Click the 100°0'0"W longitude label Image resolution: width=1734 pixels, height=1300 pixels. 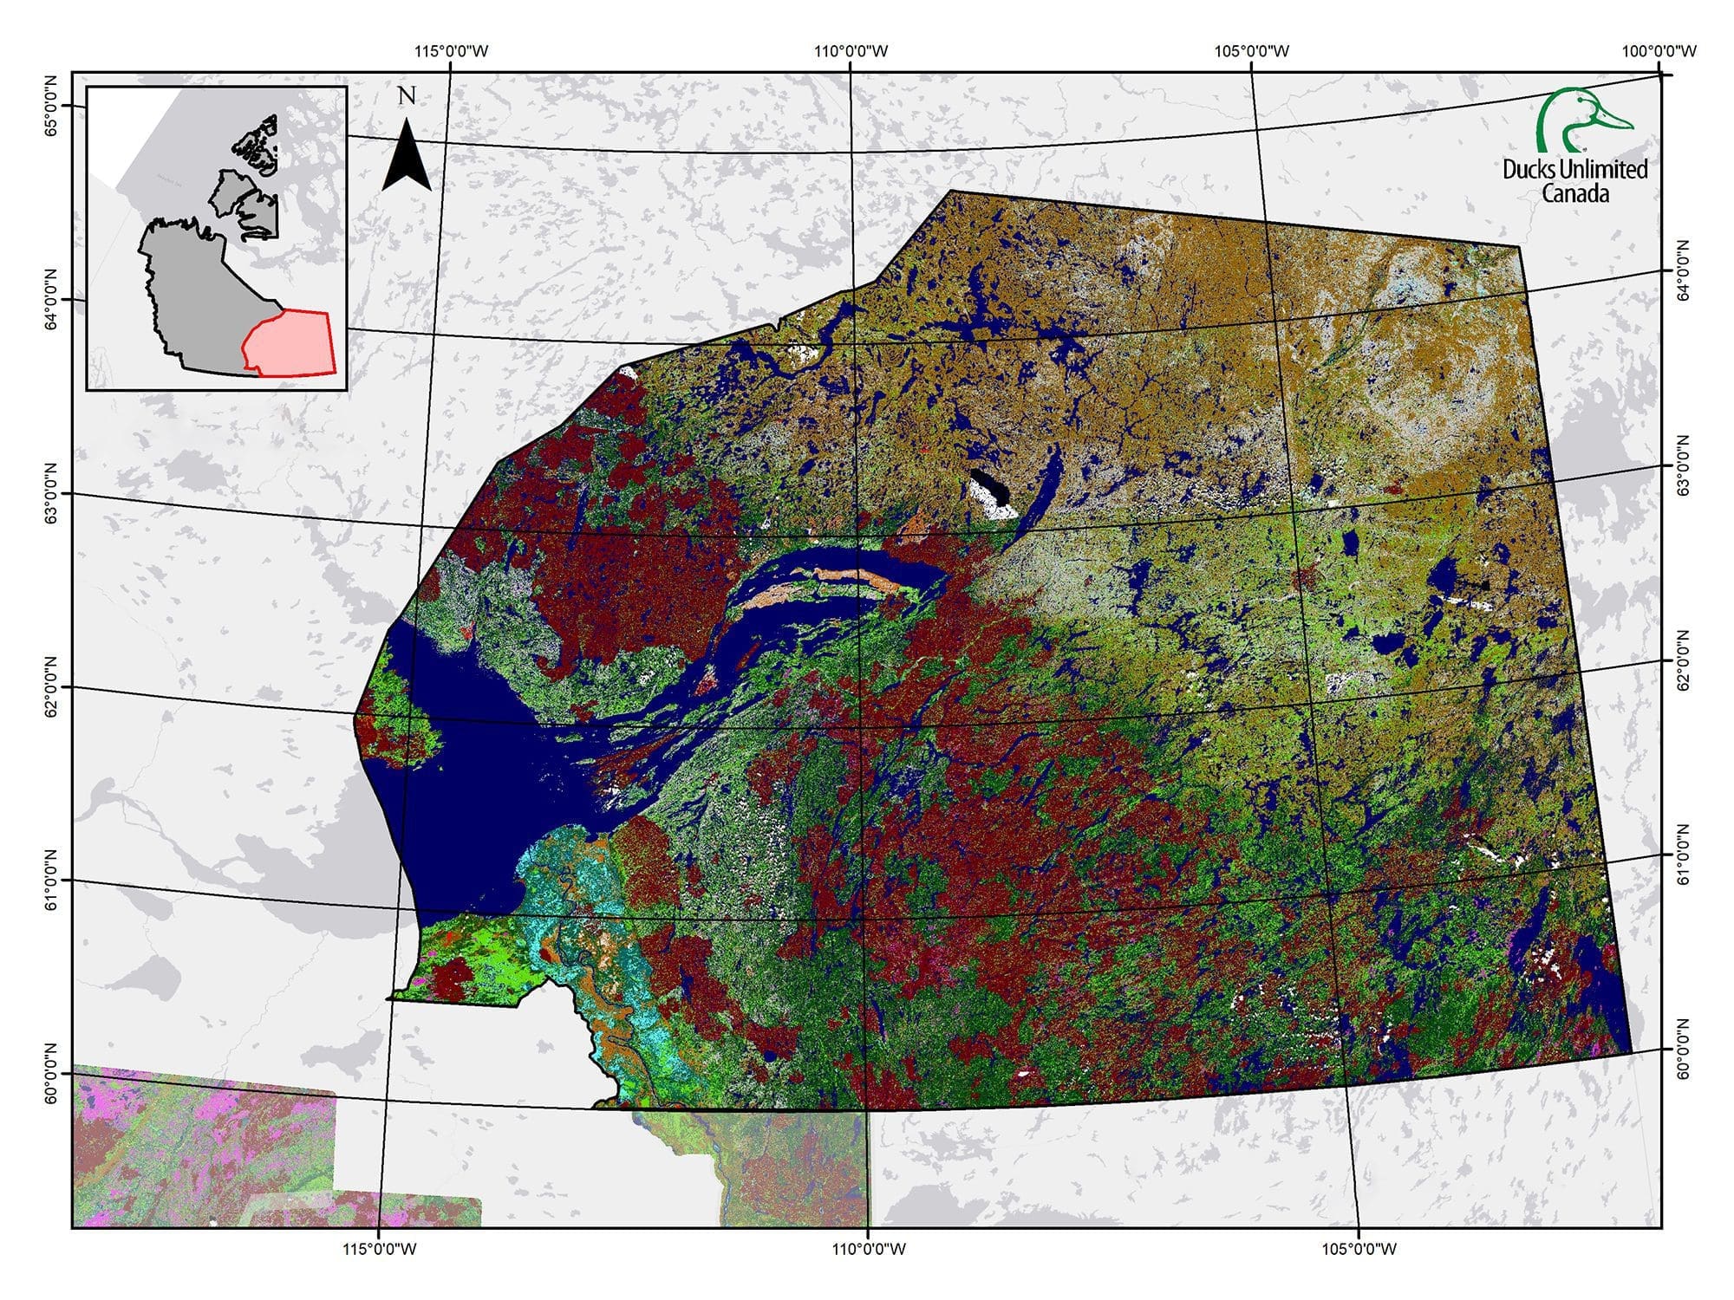pyautogui.click(x=1659, y=51)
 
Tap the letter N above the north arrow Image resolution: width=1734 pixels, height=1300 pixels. pyautogui.click(x=407, y=95)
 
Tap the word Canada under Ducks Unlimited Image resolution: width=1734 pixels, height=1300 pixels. pyautogui.click(x=1574, y=193)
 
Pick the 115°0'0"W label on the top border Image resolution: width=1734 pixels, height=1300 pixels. pyautogui.click(x=452, y=51)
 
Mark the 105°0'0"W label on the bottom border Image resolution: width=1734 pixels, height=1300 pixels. pyautogui.click(x=1359, y=1249)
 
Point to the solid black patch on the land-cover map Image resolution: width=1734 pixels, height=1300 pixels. pyautogui.click(x=991, y=487)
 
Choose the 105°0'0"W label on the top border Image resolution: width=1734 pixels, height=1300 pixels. pyautogui.click(x=1252, y=51)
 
